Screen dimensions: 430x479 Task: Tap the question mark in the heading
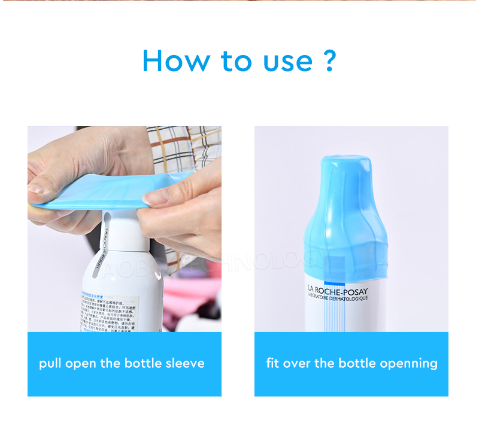click(329, 60)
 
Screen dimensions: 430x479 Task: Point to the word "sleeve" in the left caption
click(183, 363)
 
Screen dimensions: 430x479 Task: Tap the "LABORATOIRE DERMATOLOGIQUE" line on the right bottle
click(338, 297)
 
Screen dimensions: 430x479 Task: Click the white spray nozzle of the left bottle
click(123, 230)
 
